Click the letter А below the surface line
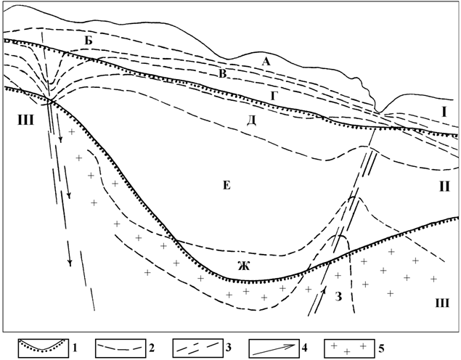266,62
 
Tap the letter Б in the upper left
89,41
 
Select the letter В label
223,74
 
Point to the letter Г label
273,96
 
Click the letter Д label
251,120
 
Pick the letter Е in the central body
227,185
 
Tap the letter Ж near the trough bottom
244,266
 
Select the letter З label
339,297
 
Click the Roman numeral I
444,112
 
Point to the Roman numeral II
444,186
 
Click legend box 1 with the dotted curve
44,348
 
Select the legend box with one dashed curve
121,348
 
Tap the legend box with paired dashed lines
197,348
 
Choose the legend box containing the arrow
274,348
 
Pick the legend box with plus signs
349,348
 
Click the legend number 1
75,348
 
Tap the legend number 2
152,348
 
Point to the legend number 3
228,348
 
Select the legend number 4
304,348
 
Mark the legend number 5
380,348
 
